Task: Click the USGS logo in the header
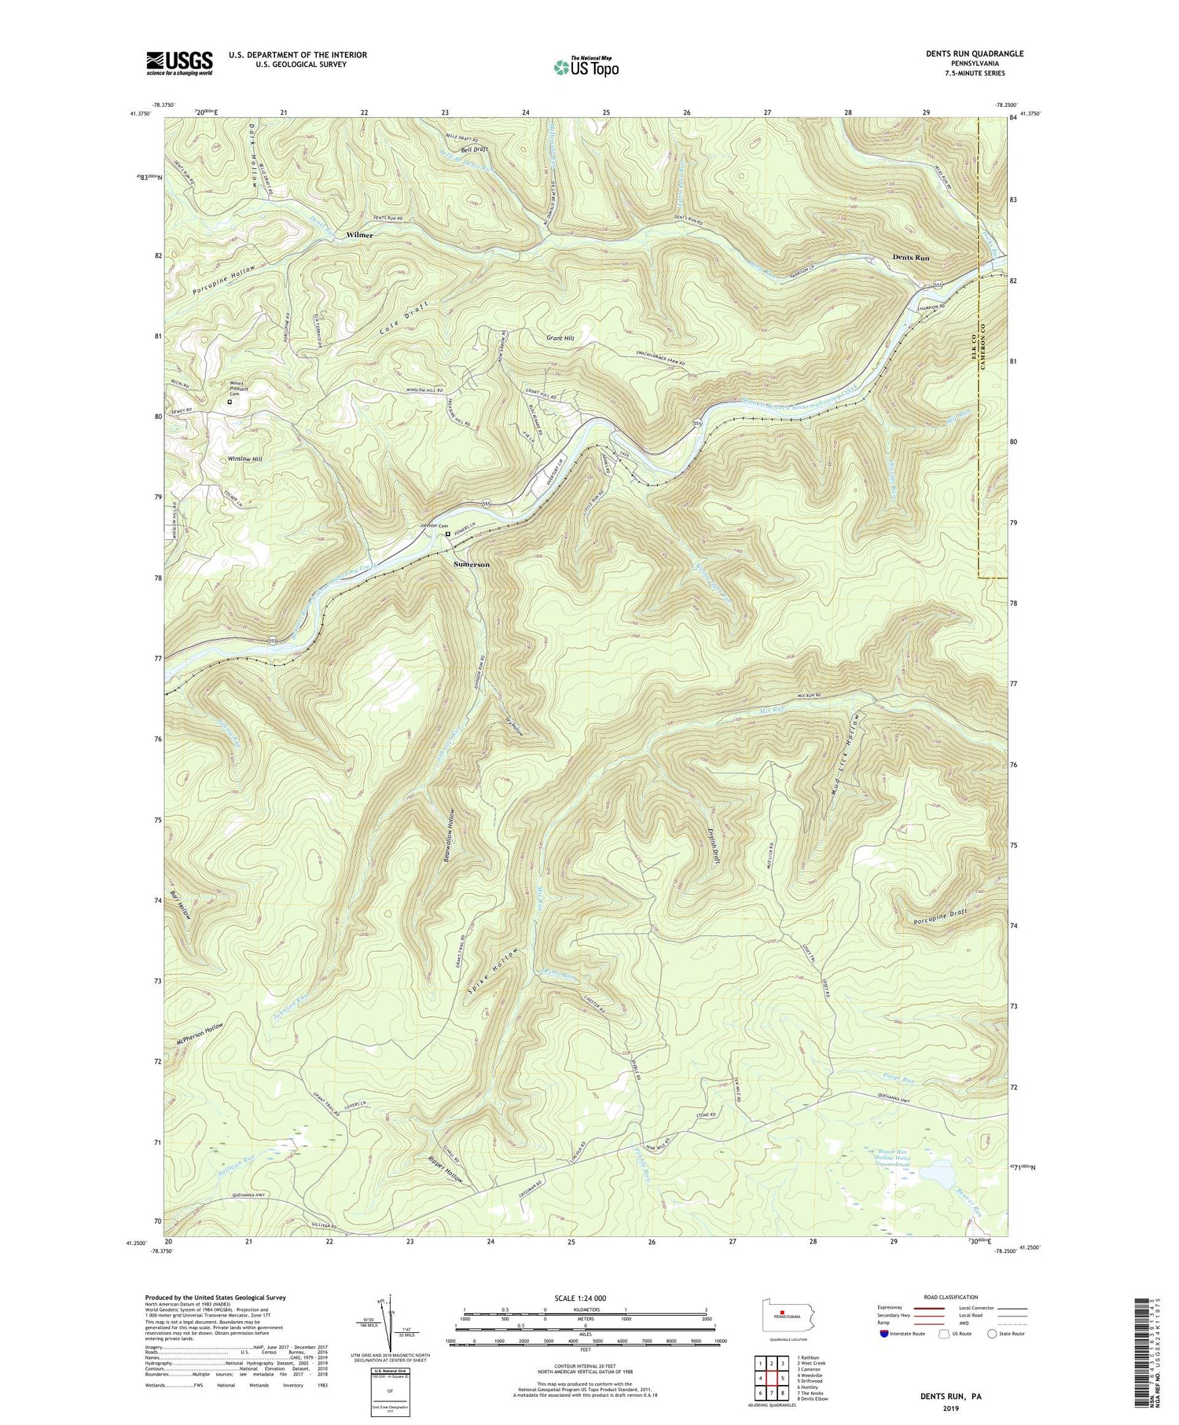(178, 63)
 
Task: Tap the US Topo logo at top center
(586, 68)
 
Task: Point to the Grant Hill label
(560, 338)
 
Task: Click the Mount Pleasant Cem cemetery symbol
(230, 402)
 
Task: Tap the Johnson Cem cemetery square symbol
(448, 534)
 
